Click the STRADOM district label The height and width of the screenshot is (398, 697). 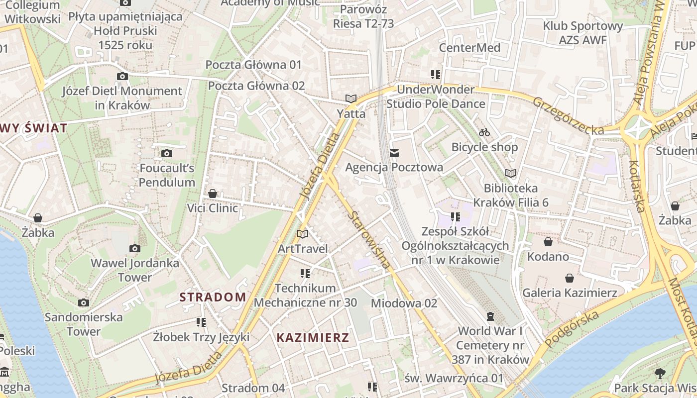(213, 298)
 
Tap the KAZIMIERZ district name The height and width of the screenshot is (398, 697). (313, 338)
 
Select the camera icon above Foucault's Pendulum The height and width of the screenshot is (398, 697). (167, 153)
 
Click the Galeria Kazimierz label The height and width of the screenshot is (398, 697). (570, 293)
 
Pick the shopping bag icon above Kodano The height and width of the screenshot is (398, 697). (548, 242)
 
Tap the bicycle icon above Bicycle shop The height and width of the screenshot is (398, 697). (484, 132)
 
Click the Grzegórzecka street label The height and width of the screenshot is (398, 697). (568, 116)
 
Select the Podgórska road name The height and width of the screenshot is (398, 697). (572, 329)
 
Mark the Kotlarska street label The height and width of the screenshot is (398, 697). (637, 186)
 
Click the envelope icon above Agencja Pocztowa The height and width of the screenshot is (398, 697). (394, 153)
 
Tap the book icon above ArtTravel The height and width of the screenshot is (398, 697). (303, 234)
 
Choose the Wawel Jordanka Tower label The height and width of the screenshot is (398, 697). (134, 270)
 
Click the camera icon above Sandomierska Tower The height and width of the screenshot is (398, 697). (84, 302)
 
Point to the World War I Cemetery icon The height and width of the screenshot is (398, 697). (490, 316)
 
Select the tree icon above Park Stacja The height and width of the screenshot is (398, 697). (660, 373)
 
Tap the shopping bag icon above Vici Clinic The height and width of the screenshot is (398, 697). (213, 194)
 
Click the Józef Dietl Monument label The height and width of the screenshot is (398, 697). (122, 98)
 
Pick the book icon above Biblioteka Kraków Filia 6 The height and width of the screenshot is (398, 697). (511, 173)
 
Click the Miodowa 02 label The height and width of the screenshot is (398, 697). (404, 303)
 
